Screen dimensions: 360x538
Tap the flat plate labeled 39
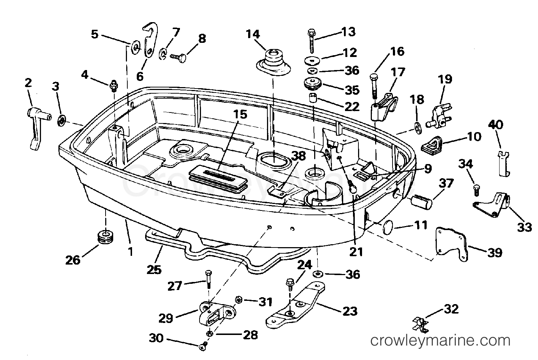(x=450, y=243)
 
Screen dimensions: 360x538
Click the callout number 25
(x=153, y=270)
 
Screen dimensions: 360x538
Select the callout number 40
(x=496, y=125)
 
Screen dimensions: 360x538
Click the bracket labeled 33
(x=494, y=204)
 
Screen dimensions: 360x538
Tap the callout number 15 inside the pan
(x=240, y=114)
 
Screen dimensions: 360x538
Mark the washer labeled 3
(x=61, y=120)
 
